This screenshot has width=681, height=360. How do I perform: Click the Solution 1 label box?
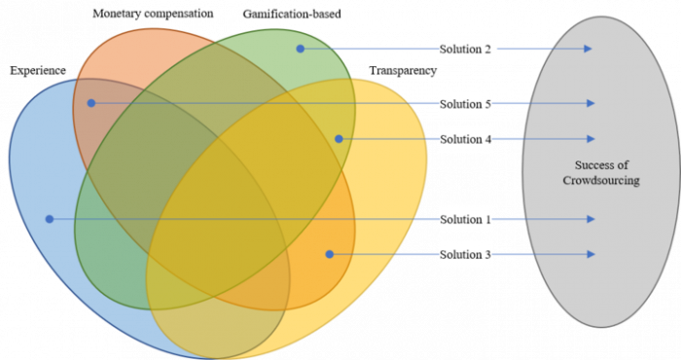pyautogui.click(x=465, y=220)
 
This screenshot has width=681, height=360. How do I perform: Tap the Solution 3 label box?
pyautogui.click(x=465, y=255)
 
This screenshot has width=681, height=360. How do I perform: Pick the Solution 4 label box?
pyautogui.click(x=466, y=139)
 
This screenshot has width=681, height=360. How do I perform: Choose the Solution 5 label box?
pyautogui.click(x=466, y=104)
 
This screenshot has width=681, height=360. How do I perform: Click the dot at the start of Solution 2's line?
pyautogui.click(x=301, y=48)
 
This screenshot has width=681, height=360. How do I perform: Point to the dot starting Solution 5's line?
pyautogui.click(x=90, y=102)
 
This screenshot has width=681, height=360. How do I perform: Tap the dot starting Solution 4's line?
pyautogui.click(x=339, y=138)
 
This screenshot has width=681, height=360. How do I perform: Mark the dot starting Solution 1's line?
pyautogui.click(x=49, y=219)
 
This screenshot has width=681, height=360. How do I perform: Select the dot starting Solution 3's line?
pyautogui.click(x=329, y=254)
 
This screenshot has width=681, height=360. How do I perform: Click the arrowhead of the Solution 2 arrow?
pyautogui.click(x=589, y=49)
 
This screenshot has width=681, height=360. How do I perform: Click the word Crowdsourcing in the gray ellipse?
pyautogui.click(x=601, y=181)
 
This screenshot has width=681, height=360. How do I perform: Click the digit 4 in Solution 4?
pyautogui.click(x=487, y=139)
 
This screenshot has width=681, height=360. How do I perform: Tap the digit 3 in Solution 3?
pyautogui.click(x=487, y=255)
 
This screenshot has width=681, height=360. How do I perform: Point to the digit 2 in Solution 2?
pyautogui.click(x=487, y=49)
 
